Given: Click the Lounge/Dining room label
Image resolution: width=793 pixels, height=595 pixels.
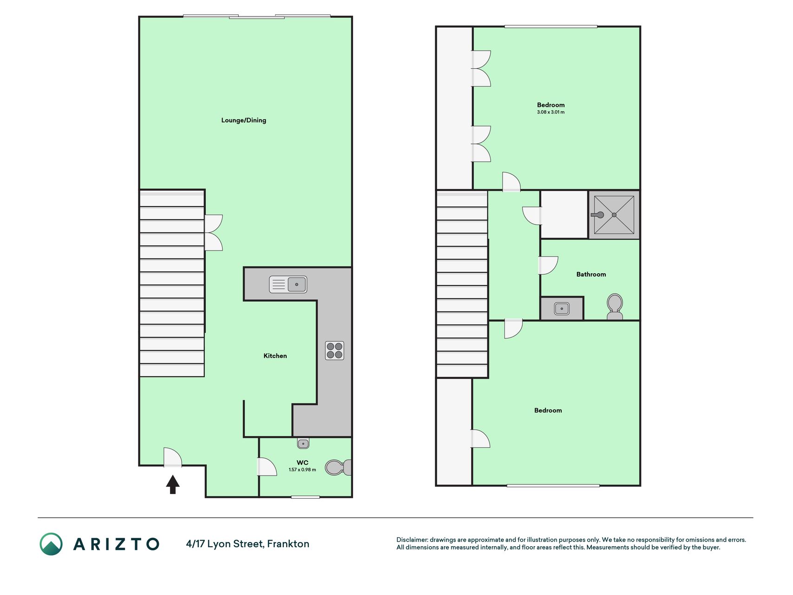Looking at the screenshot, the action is click(x=243, y=120).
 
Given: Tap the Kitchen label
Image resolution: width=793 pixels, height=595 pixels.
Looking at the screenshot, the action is click(x=275, y=356).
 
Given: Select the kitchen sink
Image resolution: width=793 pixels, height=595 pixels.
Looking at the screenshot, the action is click(x=288, y=284).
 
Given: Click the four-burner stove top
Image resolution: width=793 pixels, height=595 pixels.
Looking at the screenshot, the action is click(x=334, y=350).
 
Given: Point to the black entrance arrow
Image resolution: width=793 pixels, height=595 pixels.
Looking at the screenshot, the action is click(x=173, y=484).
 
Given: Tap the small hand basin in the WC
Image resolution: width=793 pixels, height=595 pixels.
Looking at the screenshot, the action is click(x=303, y=443).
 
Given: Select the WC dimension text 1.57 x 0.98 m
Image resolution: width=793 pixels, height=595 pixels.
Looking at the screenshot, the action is click(x=302, y=469).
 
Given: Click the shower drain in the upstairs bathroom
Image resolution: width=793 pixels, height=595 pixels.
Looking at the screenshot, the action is click(x=614, y=215).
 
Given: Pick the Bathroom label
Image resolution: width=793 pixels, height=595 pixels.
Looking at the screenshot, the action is click(x=591, y=274).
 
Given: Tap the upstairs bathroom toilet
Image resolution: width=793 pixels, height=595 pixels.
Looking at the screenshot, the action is click(x=615, y=306).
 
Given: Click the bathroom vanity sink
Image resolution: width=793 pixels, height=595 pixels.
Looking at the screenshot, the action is click(x=562, y=309).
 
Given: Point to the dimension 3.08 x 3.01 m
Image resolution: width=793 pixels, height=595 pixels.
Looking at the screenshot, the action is click(x=551, y=112).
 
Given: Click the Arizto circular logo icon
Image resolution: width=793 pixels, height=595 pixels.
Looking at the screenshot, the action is click(x=51, y=544).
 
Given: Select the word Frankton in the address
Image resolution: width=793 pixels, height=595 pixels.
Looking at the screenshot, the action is click(x=288, y=544).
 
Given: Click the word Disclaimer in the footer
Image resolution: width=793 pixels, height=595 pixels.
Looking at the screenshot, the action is click(x=412, y=540).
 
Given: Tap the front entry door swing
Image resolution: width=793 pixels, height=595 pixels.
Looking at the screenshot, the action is click(x=172, y=456).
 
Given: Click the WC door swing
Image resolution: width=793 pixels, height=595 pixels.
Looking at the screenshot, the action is click(x=267, y=467).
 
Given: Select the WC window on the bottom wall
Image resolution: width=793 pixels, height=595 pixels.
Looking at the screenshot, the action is click(x=305, y=497).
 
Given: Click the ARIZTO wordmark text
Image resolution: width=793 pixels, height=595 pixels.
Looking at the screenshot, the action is click(x=116, y=544).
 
